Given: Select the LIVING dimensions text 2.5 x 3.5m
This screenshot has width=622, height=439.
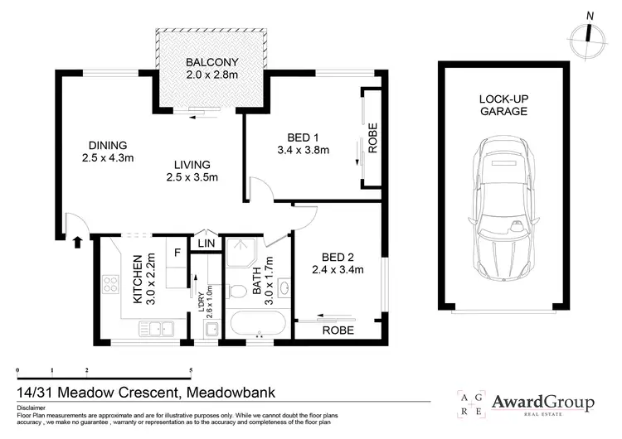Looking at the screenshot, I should tap(192, 177).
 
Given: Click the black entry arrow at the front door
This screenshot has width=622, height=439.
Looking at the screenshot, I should tap(78, 243).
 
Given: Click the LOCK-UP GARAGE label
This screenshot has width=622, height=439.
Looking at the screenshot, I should tap(503, 104).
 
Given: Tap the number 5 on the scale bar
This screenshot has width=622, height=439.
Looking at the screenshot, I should tap(191, 370).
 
